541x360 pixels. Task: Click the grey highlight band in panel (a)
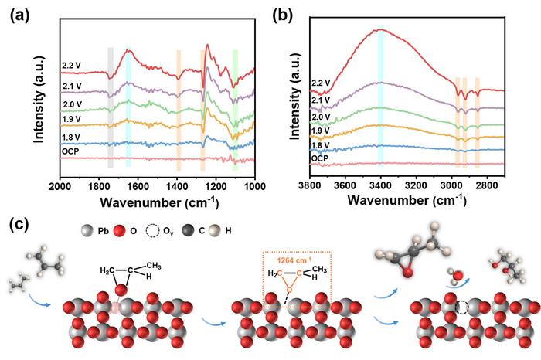(111, 108)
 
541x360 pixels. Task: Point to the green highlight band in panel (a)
(235, 108)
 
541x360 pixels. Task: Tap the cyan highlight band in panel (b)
(380, 97)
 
